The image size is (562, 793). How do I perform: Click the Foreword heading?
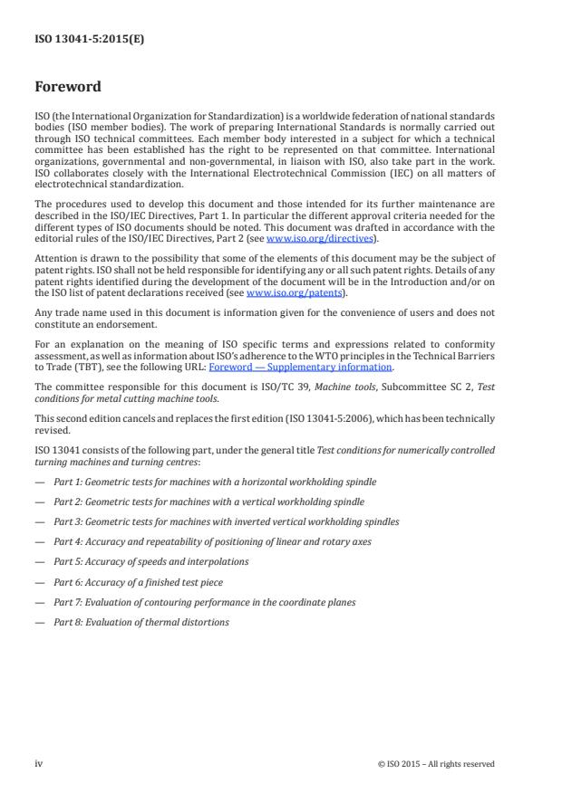pyautogui.click(x=68, y=87)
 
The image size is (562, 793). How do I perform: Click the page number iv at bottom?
pyautogui.click(x=39, y=763)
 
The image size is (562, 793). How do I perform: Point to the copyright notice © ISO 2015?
pyautogui.click(x=436, y=764)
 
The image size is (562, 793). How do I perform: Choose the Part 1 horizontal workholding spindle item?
pyautogui.click(x=215, y=482)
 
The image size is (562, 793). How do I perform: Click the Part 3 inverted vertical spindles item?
pyautogui.click(x=226, y=522)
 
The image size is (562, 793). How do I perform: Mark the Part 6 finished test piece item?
pyautogui.click(x=138, y=582)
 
